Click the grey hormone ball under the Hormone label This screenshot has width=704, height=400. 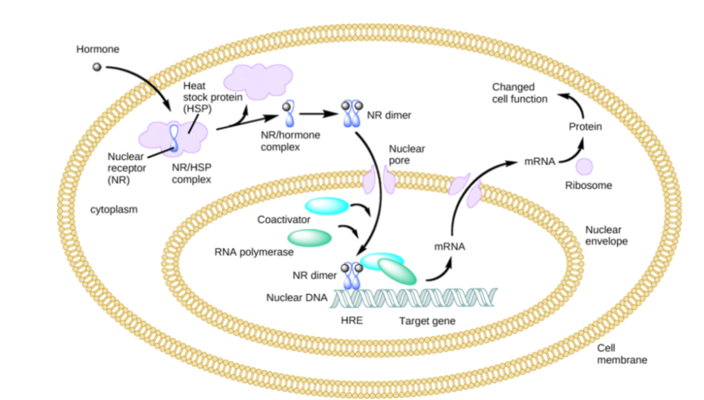[97, 67]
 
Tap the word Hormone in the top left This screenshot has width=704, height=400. [97, 49]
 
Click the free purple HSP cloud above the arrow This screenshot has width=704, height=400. [259, 82]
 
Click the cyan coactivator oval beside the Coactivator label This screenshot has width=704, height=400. [327, 205]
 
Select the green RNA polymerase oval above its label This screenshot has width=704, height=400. [309, 237]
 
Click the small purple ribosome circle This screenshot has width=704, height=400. [584, 166]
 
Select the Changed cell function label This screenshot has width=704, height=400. [519, 93]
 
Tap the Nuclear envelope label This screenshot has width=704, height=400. [606, 236]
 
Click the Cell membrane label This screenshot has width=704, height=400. [622, 354]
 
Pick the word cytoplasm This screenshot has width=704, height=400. [114, 209]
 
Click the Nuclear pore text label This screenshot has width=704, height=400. [407, 154]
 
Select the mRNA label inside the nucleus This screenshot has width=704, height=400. [449, 246]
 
